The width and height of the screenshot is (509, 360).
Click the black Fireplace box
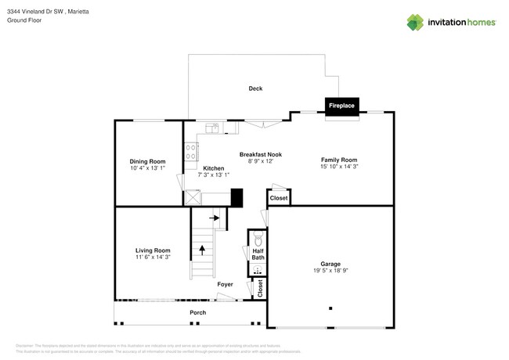pos(341,106)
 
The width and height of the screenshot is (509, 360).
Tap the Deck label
pos(255,88)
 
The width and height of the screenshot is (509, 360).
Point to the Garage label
pos(330,264)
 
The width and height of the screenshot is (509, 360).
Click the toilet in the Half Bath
pos(257,242)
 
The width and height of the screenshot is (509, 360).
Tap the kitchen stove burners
pos(190,153)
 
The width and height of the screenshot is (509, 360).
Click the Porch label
pos(198,312)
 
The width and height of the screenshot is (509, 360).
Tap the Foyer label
pos(225,284)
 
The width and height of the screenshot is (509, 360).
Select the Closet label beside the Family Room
pos(279,198)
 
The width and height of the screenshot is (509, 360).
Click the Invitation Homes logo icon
pos(416,21)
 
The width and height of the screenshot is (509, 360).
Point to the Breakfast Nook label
pos(260,154)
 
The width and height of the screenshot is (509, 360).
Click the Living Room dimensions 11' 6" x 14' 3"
pos(152,257)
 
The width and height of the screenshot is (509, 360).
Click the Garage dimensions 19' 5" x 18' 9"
pos(330,271)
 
